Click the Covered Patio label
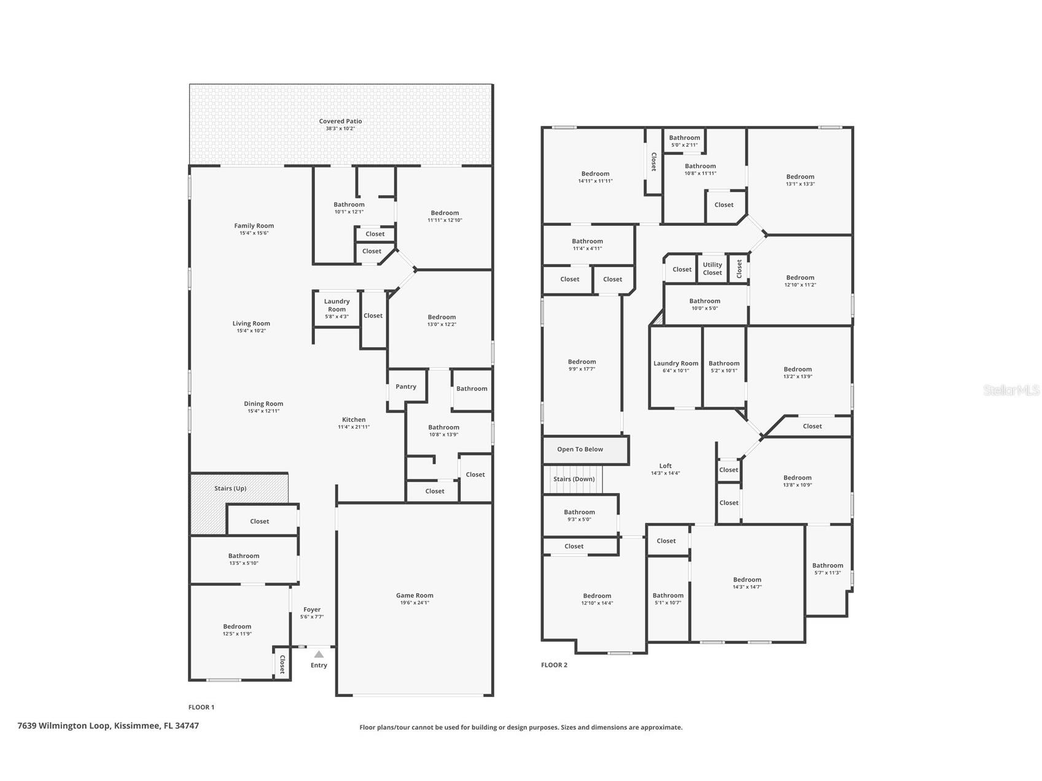tap(340, 122)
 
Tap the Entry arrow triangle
tap(319, 655)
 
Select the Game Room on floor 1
tap(414, 599)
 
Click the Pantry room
tap(405, 387)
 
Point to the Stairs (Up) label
tap(230, 489)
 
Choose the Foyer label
tap(312, 610)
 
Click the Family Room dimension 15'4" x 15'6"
tap(254, 233)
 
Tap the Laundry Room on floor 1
tap(336, 308)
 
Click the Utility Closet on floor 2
tap(712, 269)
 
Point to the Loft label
tap(666, 466)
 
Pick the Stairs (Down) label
tap(573, 480)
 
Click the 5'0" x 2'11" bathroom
tap(684, 141)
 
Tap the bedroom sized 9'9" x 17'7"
tap(581, 365)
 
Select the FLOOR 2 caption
tap(554, 665)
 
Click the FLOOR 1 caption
tap(201, 707)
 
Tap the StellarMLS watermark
tap(1011, 390)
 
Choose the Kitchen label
tap(354, 420)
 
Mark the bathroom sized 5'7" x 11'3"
tap(827, 569)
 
